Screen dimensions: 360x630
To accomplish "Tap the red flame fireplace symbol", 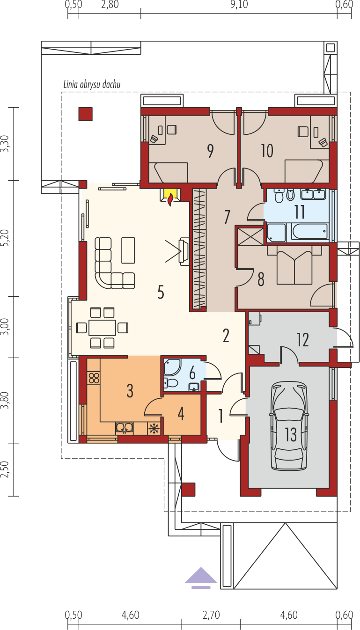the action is [x=170, y=200].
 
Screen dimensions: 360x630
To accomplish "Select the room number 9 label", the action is [x=210, y=151].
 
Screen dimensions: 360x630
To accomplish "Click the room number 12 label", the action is [x=302, y=339].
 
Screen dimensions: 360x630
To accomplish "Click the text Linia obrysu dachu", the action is [x=92, y=84].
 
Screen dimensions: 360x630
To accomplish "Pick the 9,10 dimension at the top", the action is [x=239, y=5].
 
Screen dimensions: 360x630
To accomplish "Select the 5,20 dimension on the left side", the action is [x=5, y=238].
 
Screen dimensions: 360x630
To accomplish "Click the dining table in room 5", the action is [x=102, y=328].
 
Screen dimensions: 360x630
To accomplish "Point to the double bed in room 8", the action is [x=294, y=264].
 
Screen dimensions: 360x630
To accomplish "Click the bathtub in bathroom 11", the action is [x=309, y=232].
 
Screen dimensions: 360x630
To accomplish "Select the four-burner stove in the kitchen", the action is [x=94, y=378].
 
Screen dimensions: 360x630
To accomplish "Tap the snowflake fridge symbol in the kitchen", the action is [x=154, y=429].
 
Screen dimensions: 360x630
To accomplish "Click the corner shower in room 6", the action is [x=172, y=367].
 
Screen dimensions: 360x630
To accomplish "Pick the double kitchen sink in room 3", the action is [x=125, y=428].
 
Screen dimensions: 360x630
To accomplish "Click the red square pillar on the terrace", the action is [x=85, y=114].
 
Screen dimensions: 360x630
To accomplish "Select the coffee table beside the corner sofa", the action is [x=128, y=250].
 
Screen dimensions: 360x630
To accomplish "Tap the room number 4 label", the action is [x=181, y=414].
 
